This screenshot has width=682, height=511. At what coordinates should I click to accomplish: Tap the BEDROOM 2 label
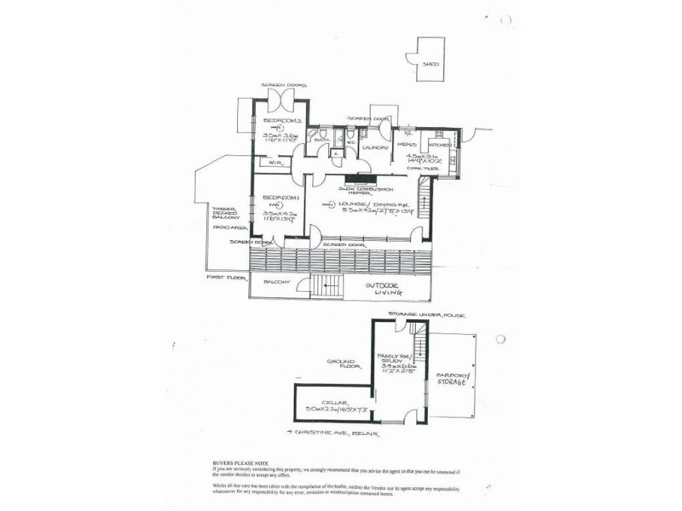click(x=279, y=123)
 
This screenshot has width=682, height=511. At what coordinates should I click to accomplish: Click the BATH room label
click(x=322, y=140)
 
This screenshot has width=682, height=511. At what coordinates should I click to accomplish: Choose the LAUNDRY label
click(x=375, y=146)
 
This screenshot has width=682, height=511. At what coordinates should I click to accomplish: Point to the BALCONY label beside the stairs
click(x=277, y=282)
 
